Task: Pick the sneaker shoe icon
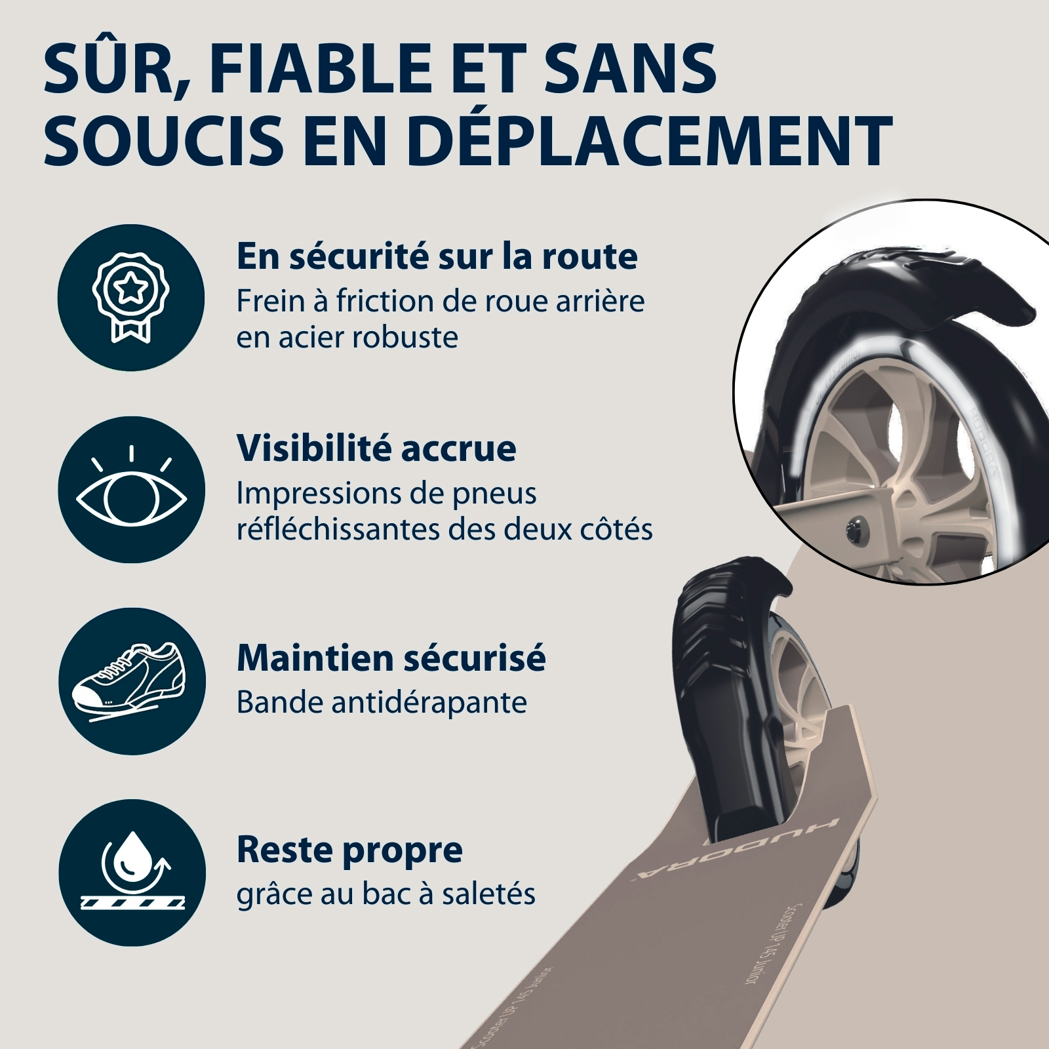131,680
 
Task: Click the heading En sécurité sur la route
437,256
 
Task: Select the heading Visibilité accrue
376,448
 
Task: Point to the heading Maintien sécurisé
391,658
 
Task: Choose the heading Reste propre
349,851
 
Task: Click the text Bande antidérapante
382,702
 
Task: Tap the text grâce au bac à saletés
386,894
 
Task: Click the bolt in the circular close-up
856,526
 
